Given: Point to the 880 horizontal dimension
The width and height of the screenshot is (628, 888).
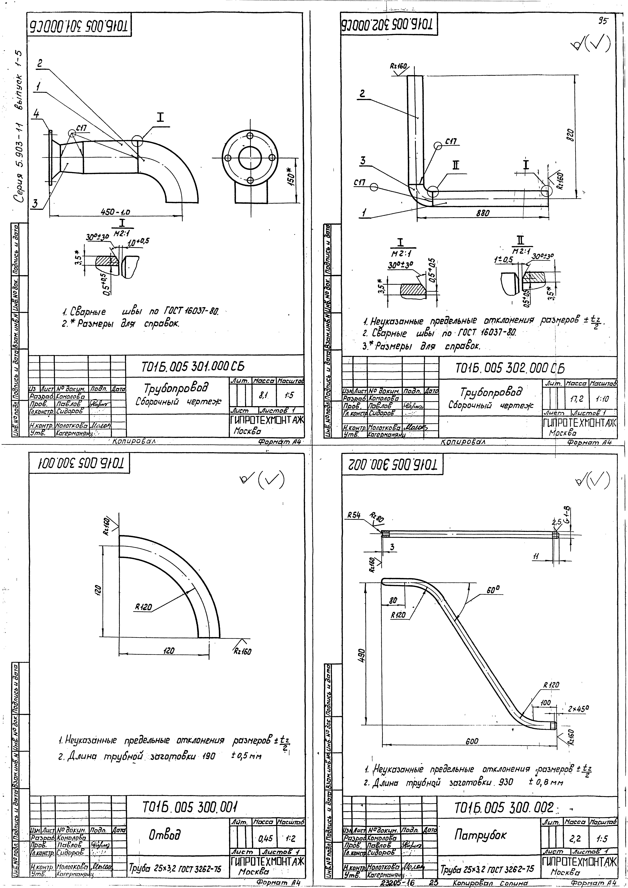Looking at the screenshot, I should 483,213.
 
